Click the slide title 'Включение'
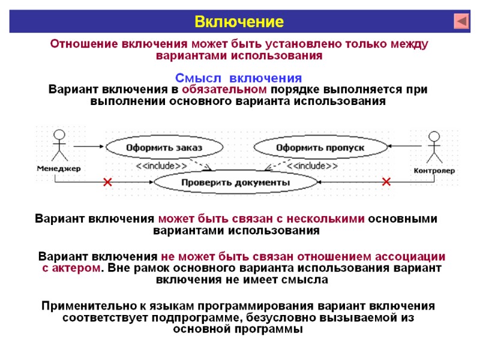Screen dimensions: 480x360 238,22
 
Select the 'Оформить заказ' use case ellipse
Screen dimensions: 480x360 163,147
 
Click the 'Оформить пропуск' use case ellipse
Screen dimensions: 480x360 320,147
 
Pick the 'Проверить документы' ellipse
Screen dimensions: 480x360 236,181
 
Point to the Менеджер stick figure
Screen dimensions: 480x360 58,146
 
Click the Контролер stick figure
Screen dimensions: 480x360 434,147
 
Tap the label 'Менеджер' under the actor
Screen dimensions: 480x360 58,169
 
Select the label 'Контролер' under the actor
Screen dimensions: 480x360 434,170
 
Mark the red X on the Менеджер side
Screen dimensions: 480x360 107,182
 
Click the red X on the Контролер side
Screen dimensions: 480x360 386,181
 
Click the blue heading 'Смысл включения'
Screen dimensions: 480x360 238,79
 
